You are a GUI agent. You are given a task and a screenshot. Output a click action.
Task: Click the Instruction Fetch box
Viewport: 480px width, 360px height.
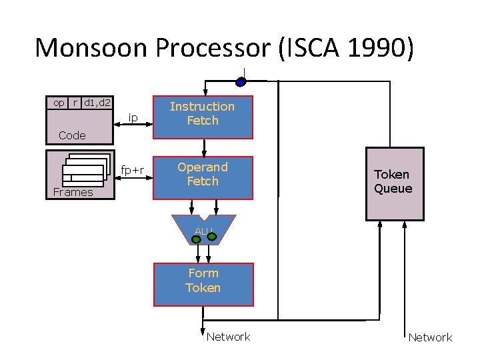point(203,114)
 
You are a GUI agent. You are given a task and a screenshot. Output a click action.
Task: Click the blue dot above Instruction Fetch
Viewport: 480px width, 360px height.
point(241,82)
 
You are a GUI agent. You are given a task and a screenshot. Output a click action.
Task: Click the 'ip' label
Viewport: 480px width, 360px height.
point(133,118)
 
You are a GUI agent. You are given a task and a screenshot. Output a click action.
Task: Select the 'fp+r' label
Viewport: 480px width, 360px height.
point(133,170)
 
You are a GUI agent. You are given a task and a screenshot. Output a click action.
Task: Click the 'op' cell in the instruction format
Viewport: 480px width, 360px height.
point(59,103)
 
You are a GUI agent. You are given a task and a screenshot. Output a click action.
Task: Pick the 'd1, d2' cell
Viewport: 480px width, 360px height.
point(98,103)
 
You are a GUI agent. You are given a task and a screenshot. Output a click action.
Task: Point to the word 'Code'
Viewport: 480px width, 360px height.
point(72,135)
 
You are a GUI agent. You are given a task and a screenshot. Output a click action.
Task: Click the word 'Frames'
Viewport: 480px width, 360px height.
point(73,192)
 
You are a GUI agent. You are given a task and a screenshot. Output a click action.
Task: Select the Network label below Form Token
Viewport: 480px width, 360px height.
point(228,337)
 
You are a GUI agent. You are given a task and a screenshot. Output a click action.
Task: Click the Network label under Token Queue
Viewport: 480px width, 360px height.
point(430,337)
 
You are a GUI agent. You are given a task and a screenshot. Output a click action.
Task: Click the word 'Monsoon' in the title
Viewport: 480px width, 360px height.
point(91,48)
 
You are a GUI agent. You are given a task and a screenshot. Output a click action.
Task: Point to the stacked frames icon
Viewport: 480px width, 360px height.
point(85,169)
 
